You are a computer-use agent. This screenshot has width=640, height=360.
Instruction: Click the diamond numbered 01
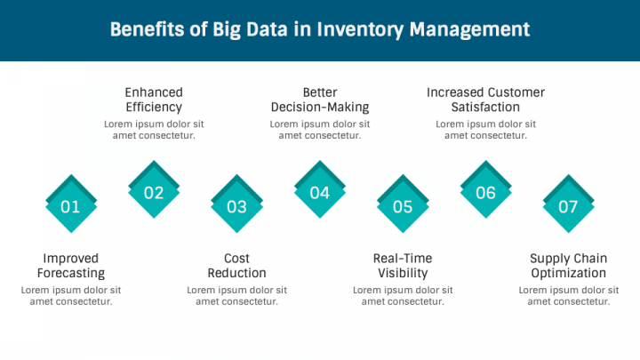[x=71, y=204]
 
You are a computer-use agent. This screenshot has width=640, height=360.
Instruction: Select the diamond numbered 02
[x=154, y=189]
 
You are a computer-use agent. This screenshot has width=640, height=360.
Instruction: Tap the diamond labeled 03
[x=236, y=204]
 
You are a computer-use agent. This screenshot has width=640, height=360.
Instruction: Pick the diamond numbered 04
[x=320, y=189]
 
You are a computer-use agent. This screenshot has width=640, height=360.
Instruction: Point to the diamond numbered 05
[x=403, y=204]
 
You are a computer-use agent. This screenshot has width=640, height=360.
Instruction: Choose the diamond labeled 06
[x=485, y=189]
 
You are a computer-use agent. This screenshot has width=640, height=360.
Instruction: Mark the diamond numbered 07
[x=569, y=204]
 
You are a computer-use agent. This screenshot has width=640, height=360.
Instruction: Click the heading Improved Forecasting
[x=71, y=266]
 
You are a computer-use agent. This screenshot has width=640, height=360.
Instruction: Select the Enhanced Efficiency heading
[x=154, y=100]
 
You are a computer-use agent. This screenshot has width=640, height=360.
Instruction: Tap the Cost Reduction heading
[x=236, y=266]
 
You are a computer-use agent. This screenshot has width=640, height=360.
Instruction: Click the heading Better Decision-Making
[x=320, y=100]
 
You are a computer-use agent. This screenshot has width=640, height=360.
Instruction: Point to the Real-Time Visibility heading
[x=403, y=266]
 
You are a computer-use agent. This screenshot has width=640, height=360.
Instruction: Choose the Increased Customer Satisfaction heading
[x=485, y=100]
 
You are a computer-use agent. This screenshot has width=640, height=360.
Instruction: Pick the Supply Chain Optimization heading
[x=569, y=266]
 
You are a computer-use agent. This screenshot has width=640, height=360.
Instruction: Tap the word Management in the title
[x=470, y=30]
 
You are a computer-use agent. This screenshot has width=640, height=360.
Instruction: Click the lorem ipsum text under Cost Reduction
[x=236, y=296]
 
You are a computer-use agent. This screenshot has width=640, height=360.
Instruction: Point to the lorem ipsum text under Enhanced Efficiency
[x=154, y=130]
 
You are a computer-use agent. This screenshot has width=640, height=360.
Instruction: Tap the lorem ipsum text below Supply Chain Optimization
[x=569, y=296]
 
